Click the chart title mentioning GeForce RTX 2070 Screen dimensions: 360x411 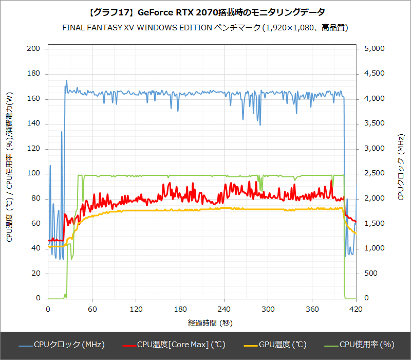(x=206, y=12)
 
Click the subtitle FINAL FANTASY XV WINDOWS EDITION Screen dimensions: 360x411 (x=206, y=27)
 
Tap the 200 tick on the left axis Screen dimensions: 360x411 (x=34, y=49)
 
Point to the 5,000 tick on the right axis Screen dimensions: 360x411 (x=374, y=49)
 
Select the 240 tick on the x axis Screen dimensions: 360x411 (x=224, y=309)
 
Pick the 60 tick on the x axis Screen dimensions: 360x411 (x=92, y=309)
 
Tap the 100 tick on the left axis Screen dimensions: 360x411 (x=34, y=174)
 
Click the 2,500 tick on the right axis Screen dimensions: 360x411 (x=374, y=174)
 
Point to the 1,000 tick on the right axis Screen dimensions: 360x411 (x=374, y=248)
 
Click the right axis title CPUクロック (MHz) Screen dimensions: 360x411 (x=401, y=165)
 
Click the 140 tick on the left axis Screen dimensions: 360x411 (x=34, y=124)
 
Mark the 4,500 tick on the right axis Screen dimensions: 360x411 (x=374, y=74)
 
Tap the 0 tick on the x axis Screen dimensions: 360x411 (x=48, y=309)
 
